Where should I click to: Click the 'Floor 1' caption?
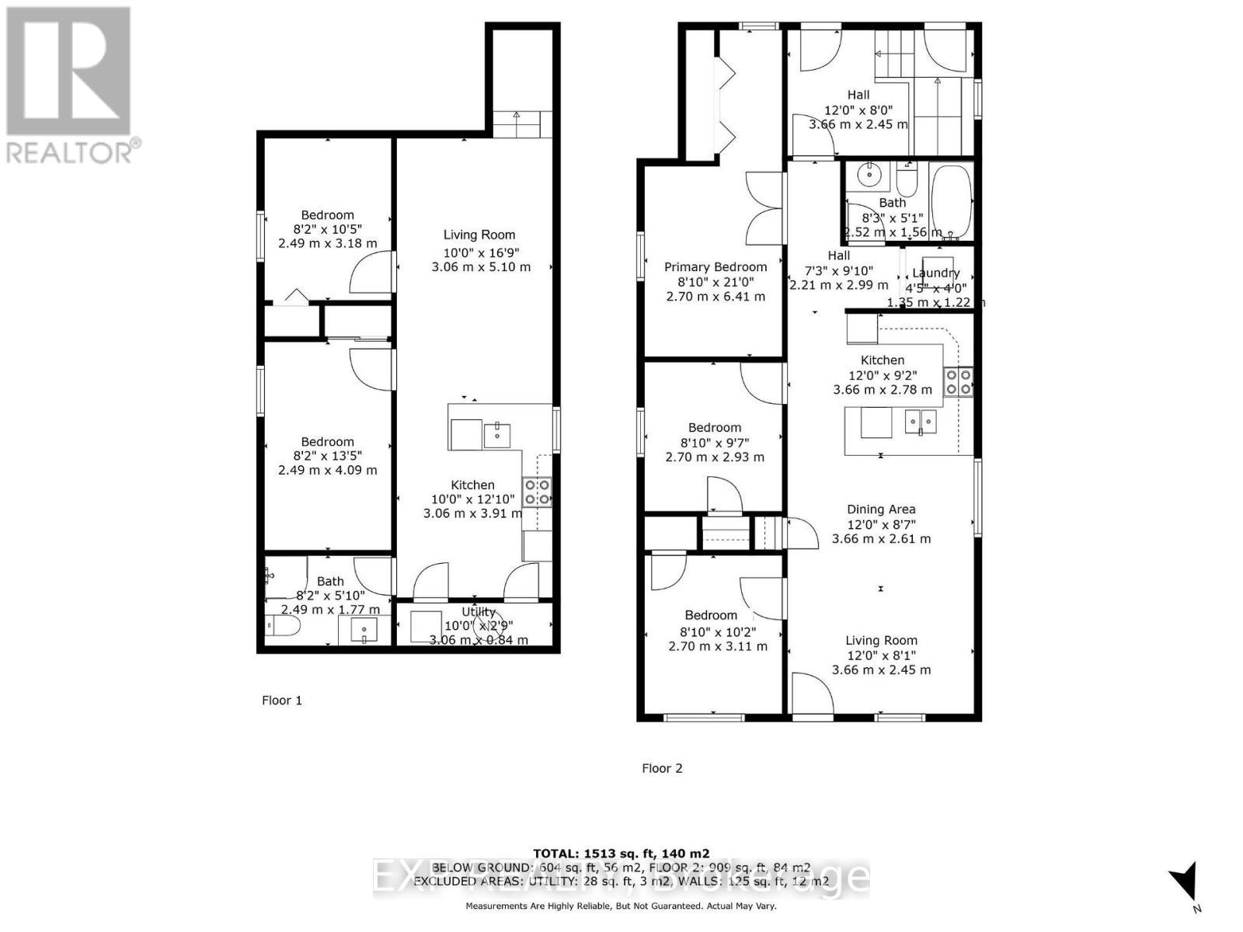click(x=281, y=701)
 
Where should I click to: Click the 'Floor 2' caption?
click(x=662, y=768)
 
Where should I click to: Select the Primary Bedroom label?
click(x=715, y=267)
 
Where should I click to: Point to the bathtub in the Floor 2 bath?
click(x=950, y=202)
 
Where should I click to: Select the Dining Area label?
click(x=881, y=509)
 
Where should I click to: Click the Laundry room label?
click(x=935, y=273)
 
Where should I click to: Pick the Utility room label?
click(x=479, y=612)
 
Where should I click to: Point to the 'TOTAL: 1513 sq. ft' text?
click(x=621, y=854)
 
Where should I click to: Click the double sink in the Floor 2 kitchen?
click(x=920, y=422)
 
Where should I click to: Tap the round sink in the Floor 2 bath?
click(x=869, y=176)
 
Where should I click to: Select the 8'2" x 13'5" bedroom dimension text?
click(x=327, y=456)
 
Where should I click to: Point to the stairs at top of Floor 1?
click(x=517, y=124)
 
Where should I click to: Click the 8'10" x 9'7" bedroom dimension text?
click(x=714, y=443)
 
